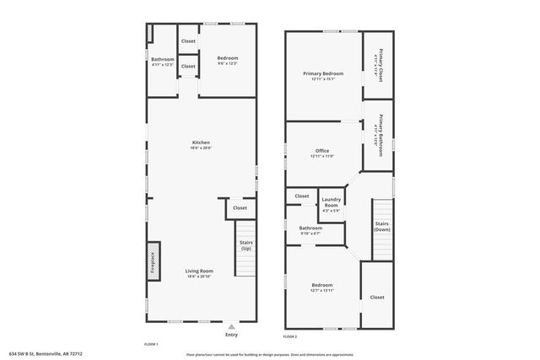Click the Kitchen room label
[201, 143]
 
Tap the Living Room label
[200, 271]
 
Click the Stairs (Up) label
[246, 246]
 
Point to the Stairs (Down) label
[382, 226]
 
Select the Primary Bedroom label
[323, 75]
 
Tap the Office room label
[322, 152]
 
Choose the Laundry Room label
[331, 204]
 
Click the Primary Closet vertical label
[379, 66]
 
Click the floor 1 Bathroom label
[162, 61]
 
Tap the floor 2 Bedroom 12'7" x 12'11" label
[321, 287]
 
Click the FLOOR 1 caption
[151, 343]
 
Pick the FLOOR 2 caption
[289, 336]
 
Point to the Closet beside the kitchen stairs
[240, 207]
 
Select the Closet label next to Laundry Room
[302, 196]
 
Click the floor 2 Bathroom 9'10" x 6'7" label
[310, 229]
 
